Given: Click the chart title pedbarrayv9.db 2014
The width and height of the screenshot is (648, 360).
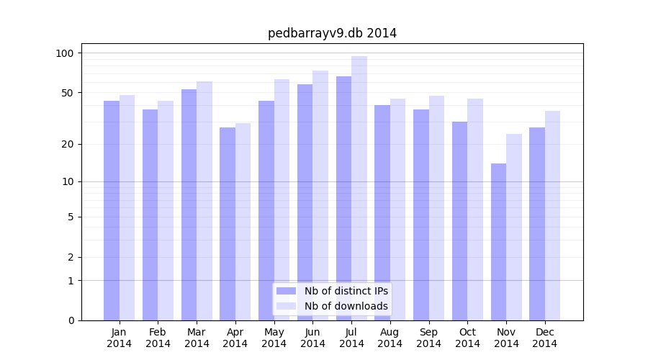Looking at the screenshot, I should [332, 33].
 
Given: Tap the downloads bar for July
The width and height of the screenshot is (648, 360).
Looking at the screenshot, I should [359, 188].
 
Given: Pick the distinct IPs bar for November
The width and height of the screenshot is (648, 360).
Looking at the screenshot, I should [498, 242].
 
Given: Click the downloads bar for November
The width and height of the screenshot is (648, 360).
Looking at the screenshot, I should [514, 227].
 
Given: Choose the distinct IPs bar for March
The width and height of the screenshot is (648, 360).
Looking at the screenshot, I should [189, 204].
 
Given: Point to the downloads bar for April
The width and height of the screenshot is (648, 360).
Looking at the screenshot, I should [243, 222].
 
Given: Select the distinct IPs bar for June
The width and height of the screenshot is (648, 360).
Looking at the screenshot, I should [305, 202].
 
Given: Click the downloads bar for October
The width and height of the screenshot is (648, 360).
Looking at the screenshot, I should [475, 210].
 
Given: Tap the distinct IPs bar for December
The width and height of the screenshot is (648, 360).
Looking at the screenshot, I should [537, 224].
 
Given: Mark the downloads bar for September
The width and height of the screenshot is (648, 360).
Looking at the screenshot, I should [436, 208].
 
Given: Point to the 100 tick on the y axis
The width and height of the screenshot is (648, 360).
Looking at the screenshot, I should [65, 53].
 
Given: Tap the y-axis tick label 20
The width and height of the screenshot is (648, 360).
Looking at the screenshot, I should [68, 144].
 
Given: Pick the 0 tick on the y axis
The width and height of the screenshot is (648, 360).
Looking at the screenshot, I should [71, 320].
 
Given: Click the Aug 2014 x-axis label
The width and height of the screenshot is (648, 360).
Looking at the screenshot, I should [390, 338].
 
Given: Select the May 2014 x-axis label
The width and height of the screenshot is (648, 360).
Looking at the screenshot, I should [274, 338].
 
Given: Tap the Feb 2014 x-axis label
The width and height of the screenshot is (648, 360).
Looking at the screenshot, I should [158, 338].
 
